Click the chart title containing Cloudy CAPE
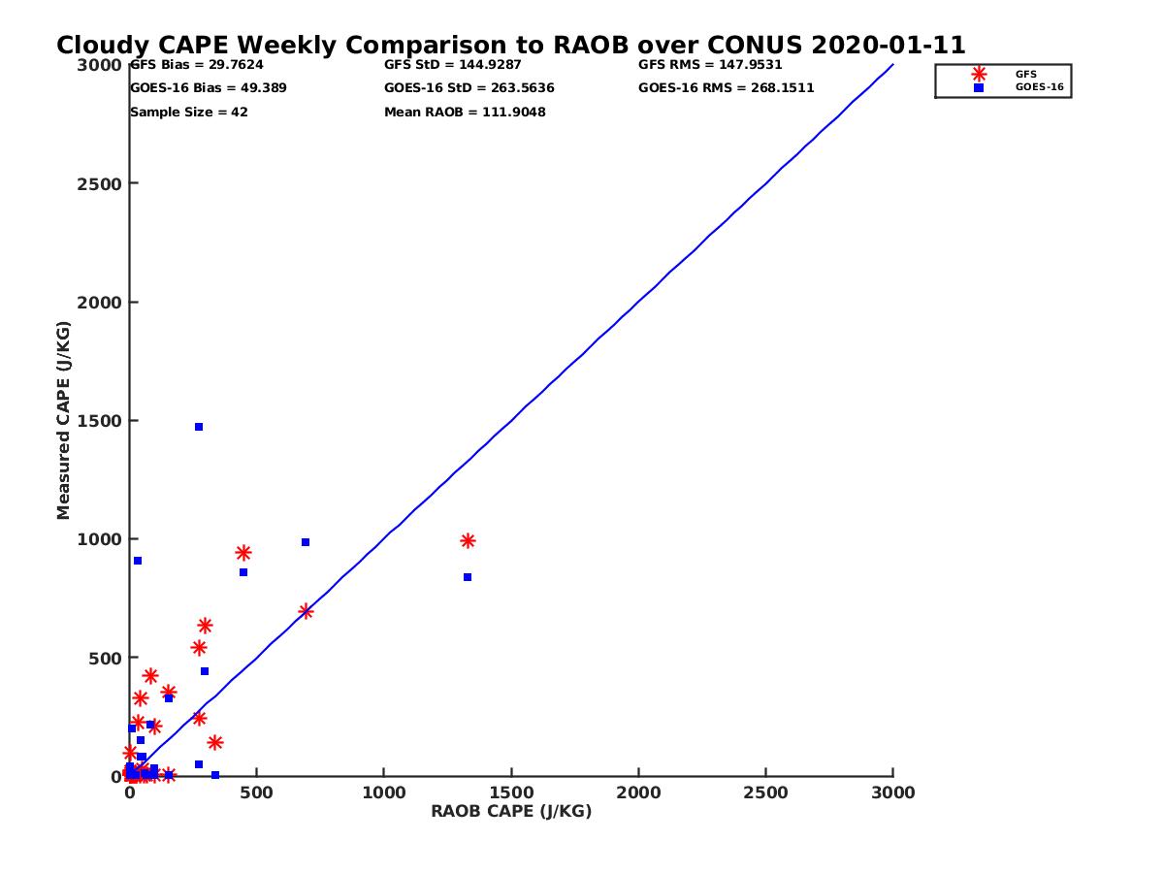510,46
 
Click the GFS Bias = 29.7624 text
197,65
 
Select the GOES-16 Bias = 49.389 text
209,88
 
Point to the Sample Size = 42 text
189,113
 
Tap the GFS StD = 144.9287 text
453,65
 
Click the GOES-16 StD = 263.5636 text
469,88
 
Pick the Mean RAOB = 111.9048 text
465,113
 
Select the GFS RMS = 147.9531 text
710,65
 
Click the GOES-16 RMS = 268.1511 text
727,88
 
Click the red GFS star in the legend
979,74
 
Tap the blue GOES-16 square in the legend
979,87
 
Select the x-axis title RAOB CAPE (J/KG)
511,812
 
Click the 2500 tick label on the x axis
766,793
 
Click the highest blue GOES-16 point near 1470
199,427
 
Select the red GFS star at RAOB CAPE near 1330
468,540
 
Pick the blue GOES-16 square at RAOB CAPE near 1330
468,577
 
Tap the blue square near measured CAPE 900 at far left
138,561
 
